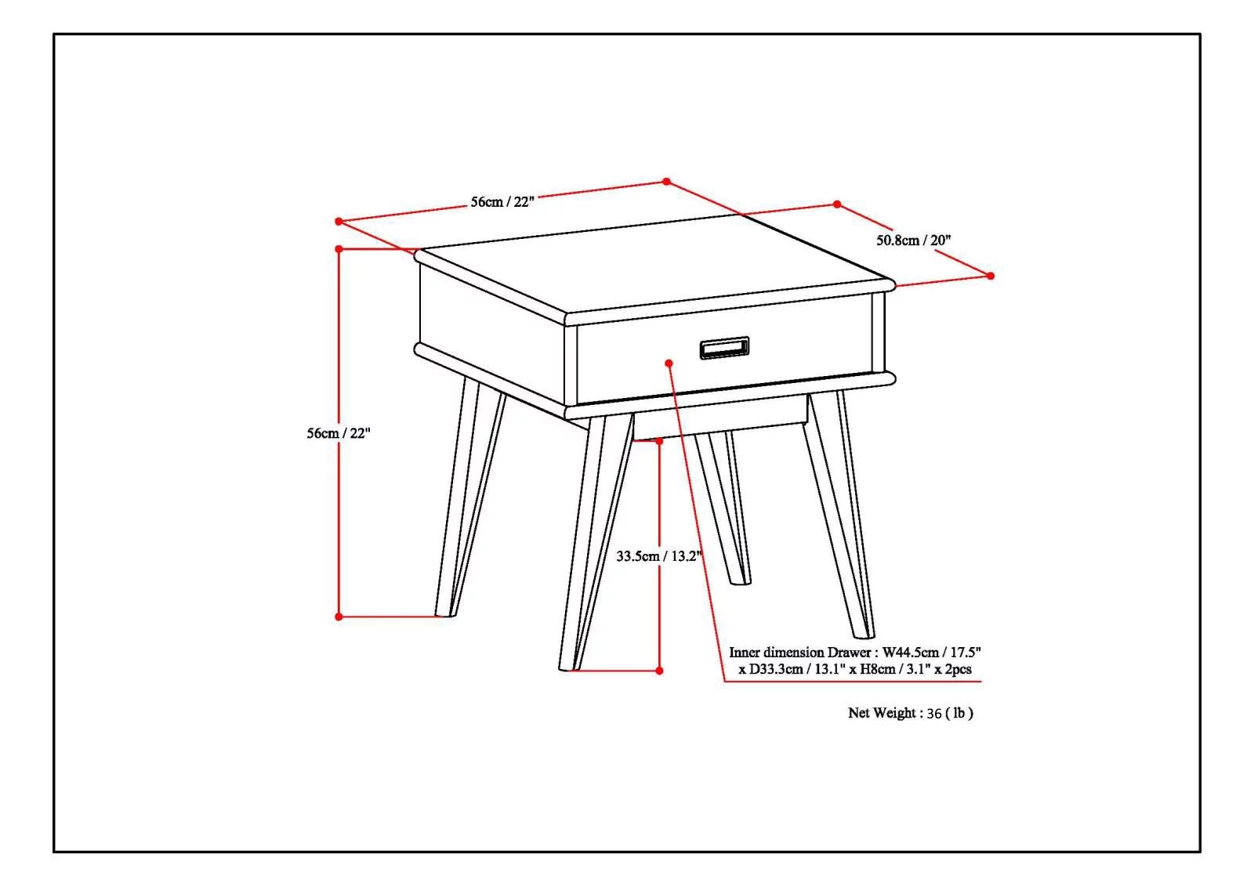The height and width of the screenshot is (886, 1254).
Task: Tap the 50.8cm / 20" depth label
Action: (913, 240)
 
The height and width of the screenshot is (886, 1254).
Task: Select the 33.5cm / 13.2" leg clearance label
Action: (658, 556)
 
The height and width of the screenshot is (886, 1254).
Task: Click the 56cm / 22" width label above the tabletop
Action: (502, 201)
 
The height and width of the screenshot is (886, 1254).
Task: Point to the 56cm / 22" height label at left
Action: (338, 432)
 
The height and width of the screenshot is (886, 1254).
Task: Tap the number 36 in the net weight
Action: (933, 714)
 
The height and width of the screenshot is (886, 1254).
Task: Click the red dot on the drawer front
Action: (669, 363)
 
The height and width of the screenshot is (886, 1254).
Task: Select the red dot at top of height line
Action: (339, 249)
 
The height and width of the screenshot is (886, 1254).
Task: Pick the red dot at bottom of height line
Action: (339, 617)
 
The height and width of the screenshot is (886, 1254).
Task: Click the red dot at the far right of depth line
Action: (991, 276)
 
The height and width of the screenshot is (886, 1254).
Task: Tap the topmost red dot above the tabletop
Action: (666, 181)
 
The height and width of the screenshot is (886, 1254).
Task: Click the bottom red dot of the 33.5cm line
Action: (659, 671)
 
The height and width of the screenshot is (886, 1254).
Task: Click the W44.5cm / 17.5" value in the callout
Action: (932, 652)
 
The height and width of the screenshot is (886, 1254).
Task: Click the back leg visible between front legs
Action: (725, 509)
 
